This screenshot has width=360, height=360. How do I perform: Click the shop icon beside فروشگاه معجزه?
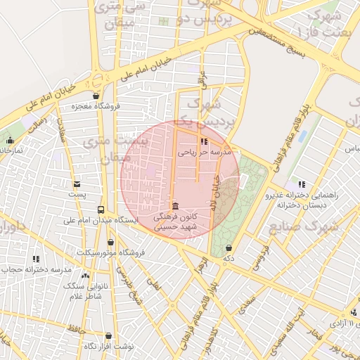96,96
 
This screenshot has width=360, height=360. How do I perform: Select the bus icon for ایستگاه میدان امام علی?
101,210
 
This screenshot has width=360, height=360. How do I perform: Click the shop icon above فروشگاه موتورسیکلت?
110,242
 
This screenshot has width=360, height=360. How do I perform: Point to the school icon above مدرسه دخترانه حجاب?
36,259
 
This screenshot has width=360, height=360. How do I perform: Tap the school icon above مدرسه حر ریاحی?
204,141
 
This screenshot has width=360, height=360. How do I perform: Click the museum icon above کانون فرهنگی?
174,206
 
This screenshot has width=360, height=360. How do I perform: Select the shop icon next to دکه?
229,247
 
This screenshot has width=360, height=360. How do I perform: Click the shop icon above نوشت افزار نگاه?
108,336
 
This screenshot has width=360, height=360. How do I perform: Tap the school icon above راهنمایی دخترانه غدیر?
302,184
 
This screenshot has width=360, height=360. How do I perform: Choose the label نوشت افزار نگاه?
108,346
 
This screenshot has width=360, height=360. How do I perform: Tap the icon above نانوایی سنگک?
86,275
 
